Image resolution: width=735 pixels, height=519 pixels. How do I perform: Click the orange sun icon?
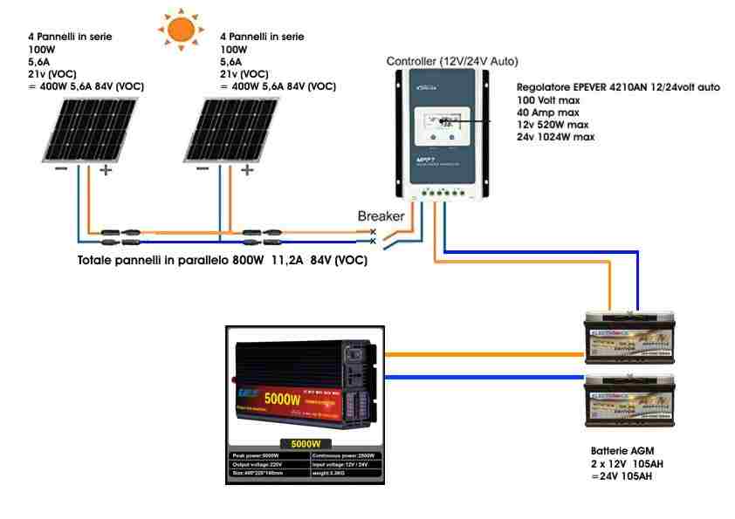pos(181,29)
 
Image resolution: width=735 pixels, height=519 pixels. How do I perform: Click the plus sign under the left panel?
pos(106,170)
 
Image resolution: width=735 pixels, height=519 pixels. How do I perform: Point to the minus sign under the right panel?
pos(203,169)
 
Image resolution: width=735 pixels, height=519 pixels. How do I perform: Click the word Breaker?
pos(381,215)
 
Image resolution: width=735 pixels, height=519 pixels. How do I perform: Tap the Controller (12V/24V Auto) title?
pos(452,61)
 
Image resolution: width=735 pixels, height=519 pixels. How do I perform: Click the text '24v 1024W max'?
pos(556,137)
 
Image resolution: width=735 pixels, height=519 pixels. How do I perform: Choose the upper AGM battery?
pos(633,341)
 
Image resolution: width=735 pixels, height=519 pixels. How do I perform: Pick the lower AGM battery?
pos(633,398)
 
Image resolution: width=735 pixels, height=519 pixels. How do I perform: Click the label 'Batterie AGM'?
pos(622,452)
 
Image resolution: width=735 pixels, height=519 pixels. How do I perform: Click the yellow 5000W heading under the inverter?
pos(302,443)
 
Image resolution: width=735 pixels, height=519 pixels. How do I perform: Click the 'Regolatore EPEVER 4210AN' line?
pos(618,88)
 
